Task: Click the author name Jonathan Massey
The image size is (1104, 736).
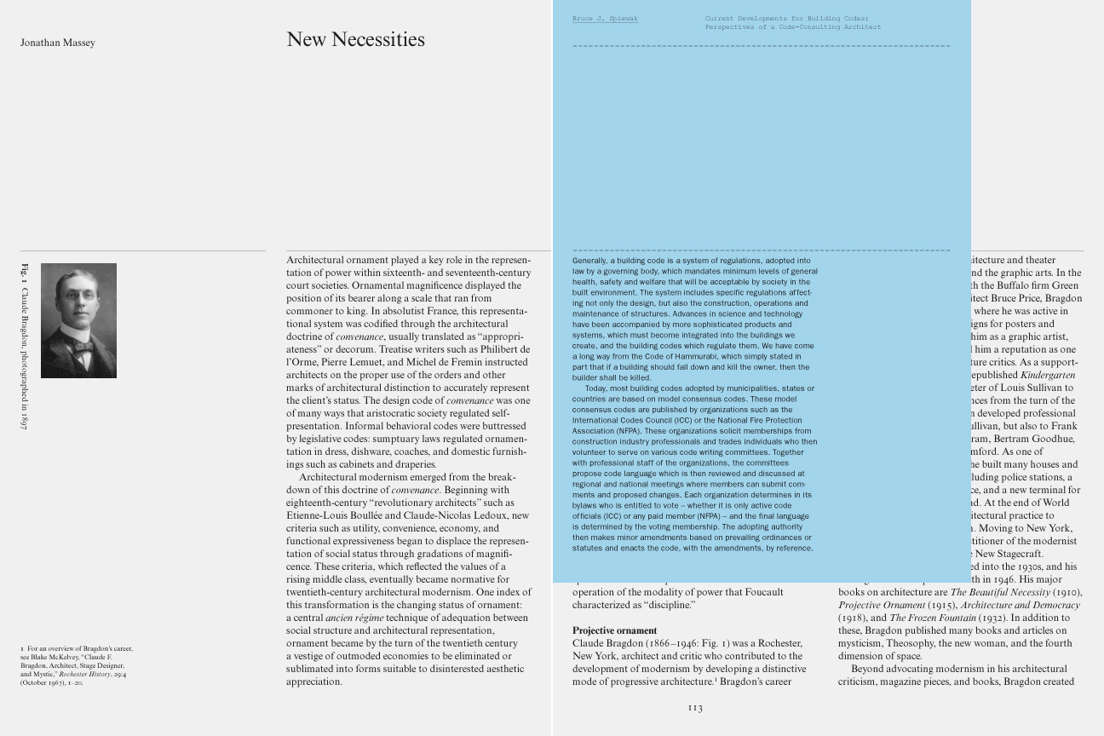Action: tap(58, 43)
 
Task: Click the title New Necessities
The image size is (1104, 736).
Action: tap(355, 39)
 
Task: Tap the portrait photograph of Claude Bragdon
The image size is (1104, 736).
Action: tap(78, 320)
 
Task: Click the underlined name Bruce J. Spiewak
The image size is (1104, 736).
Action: tap(605, 19)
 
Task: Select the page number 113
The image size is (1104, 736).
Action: tap(695, 708)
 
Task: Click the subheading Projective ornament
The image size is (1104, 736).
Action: tap(614, 630)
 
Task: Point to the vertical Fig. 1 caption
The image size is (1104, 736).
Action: tap(25, 346)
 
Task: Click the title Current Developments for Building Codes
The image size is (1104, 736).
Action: tap(786, 18)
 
